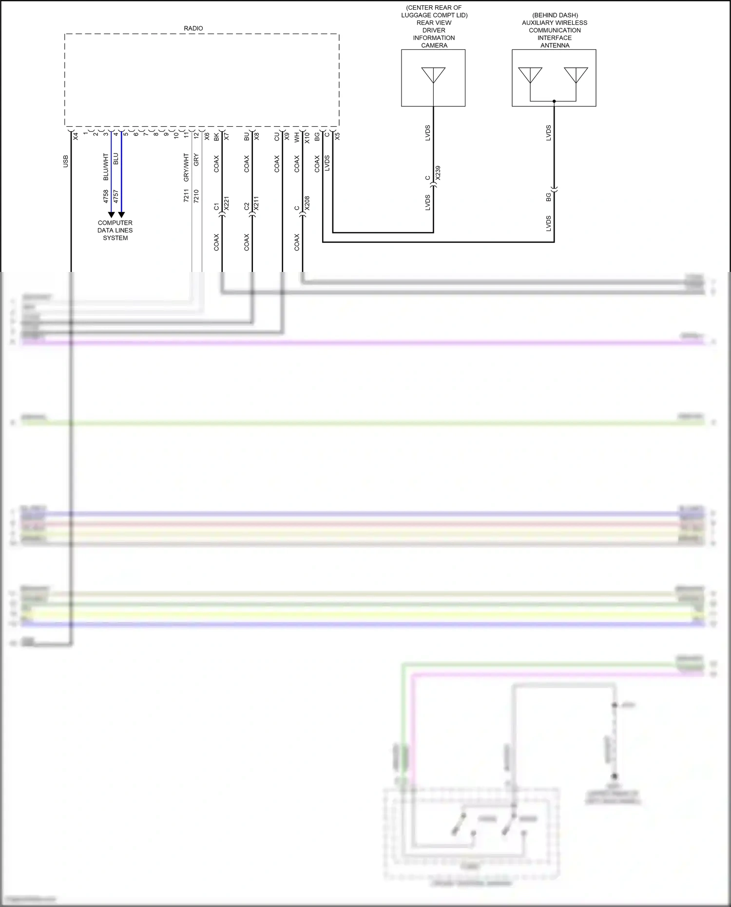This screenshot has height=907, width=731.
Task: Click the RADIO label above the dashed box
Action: click(193, 28)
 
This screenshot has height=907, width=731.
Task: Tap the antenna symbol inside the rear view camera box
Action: click(433, 75)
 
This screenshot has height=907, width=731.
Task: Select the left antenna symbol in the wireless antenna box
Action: click(530, 75)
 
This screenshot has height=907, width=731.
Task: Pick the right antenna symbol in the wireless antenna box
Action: click(576, 75)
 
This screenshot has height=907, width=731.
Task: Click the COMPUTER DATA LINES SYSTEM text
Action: click(115, 231)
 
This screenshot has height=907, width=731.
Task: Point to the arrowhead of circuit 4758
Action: click(111, 214)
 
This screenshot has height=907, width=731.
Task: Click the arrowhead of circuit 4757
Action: click(121, 214)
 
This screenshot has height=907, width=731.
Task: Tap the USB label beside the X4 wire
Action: click(66, 161)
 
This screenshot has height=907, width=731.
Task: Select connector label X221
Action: click(227, 203)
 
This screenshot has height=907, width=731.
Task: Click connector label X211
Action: click(257, 203)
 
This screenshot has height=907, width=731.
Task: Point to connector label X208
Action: click(307, 203)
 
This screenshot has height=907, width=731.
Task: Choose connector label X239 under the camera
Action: click(438, 173)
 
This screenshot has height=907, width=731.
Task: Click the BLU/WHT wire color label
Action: click(106, 167)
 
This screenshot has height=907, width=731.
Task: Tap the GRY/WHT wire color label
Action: click(186, 167)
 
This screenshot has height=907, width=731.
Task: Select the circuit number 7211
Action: click(186, 196)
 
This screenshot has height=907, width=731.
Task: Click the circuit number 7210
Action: click(196, 196)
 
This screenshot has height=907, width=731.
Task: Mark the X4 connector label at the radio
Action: click(76, 136)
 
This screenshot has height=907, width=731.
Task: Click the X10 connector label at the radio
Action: click(307, 138)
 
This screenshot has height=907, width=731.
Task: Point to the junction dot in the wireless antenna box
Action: click(554, 101)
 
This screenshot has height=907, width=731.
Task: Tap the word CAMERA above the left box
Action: click(434, 45)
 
